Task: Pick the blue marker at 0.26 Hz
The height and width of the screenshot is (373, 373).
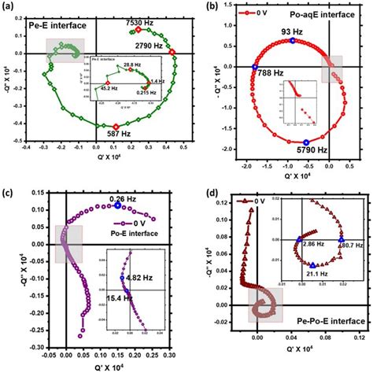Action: (x=118, y=205)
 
